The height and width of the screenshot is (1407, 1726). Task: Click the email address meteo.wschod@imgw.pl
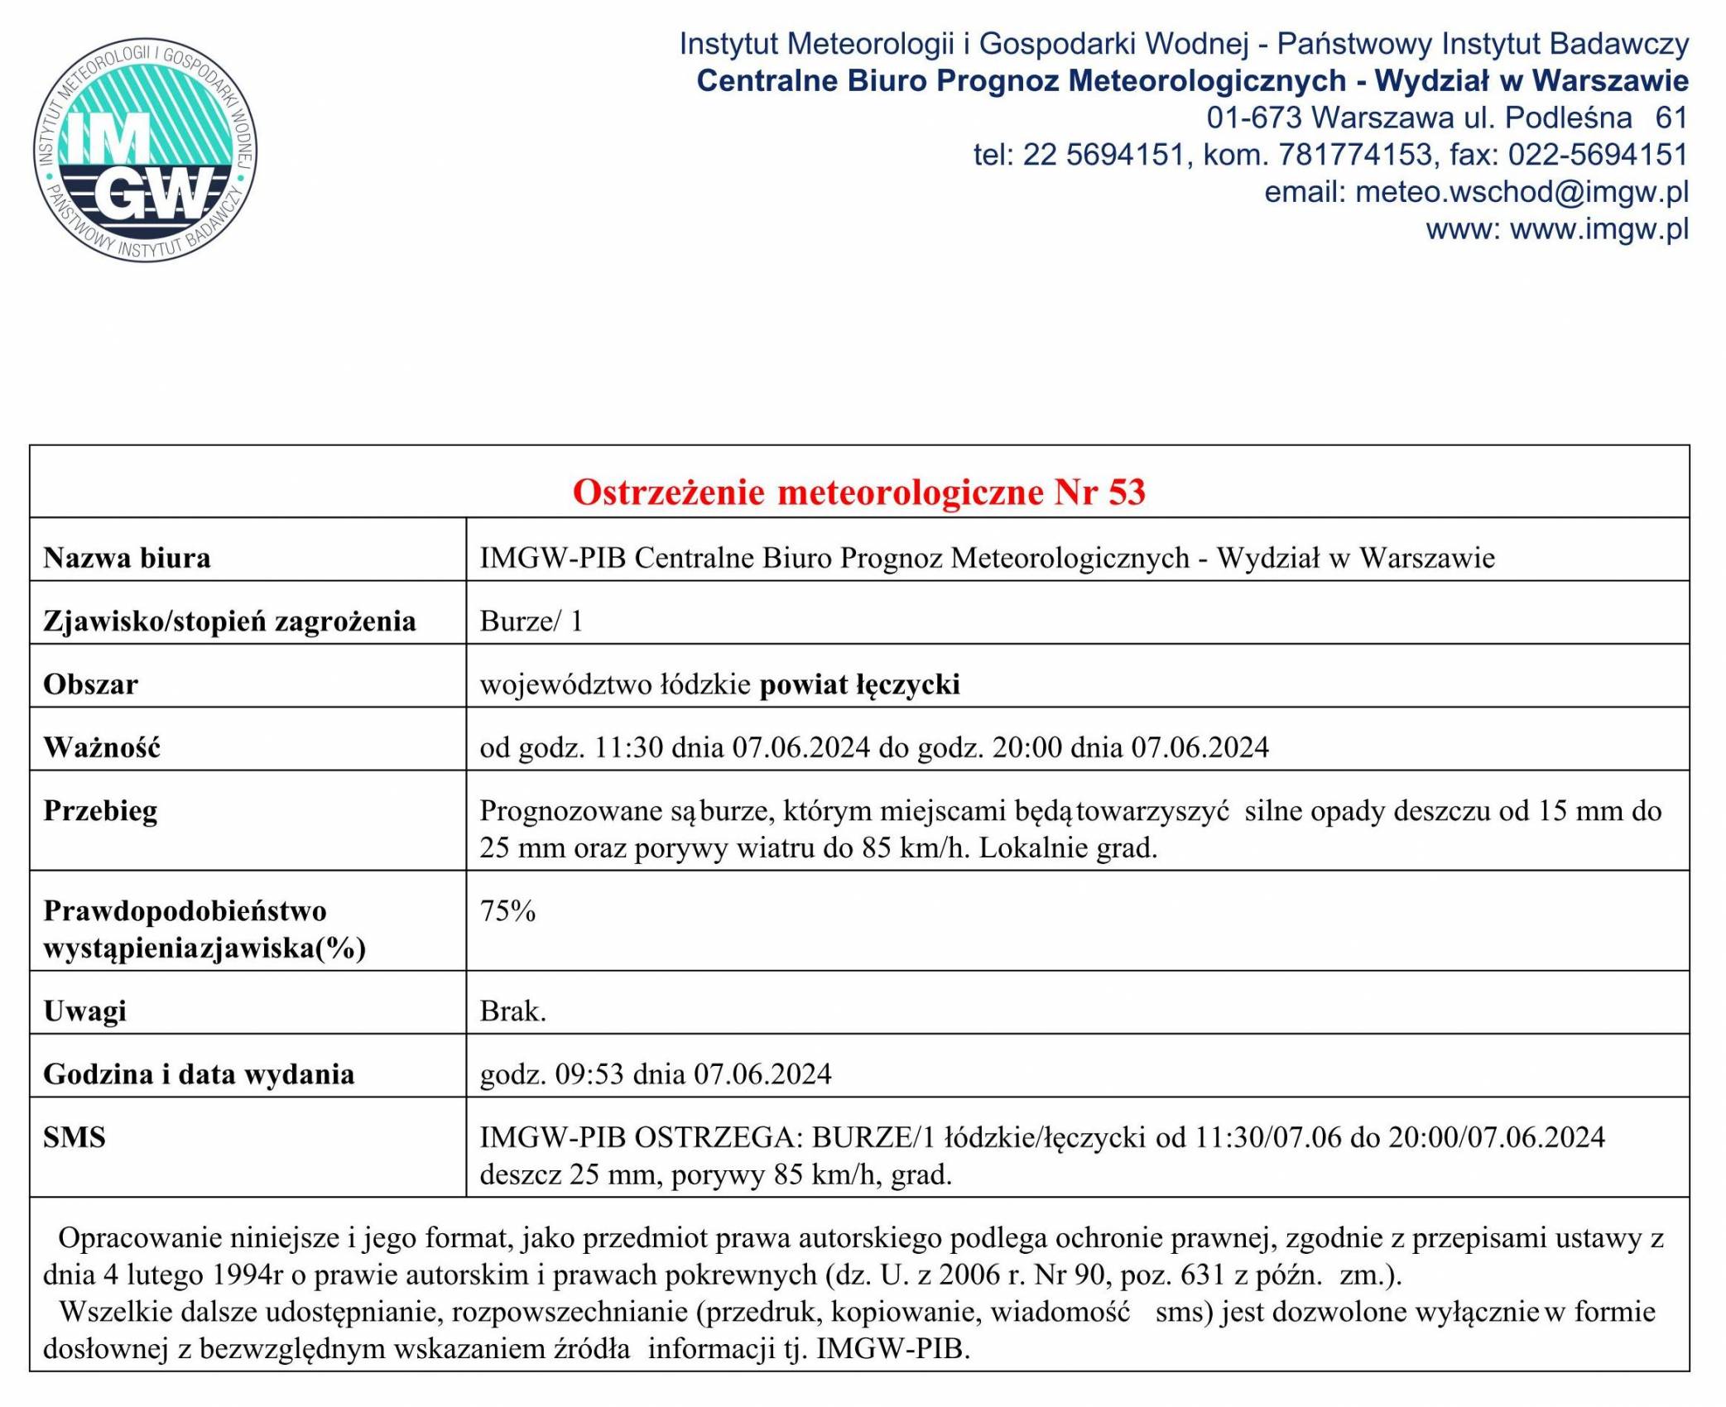[1522, 192]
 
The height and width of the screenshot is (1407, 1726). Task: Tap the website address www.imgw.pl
[1599, 229]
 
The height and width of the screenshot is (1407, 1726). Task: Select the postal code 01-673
[1254, 118]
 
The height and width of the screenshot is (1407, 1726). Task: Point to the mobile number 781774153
[1354, 155]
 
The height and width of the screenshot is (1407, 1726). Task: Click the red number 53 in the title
[1127, 492]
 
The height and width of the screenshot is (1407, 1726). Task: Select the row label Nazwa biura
[127, 558]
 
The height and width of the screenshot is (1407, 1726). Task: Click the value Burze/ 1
[531, 621]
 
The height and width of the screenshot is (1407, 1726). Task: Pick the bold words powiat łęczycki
[859, 684]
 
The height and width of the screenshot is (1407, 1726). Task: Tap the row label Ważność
[102, 747]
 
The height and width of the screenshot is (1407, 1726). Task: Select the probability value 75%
[507, 911]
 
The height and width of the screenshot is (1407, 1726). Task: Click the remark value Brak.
[512, 1011]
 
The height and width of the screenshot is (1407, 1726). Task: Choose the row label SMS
[75, 1137]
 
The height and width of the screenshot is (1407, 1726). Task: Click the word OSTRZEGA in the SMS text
[719, 1137]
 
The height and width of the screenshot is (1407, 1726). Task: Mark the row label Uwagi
[84, 1011]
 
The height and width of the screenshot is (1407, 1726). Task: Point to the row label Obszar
[90, 684]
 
